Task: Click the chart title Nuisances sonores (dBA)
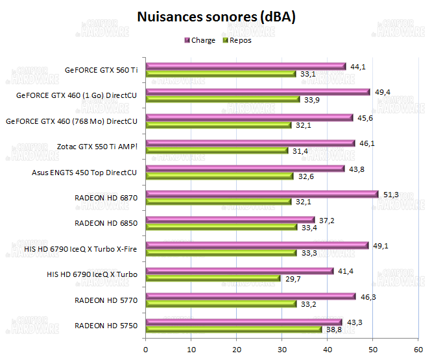click(216, 18)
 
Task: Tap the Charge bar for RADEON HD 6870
click(262, 193)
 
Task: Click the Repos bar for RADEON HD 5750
click(234, 330)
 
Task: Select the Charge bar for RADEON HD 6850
click(230, 220)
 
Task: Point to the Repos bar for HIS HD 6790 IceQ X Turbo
click(213, 278)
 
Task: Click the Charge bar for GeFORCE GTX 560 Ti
click(246, 66)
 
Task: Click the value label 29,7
click(291, 278)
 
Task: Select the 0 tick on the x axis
click(146, 348)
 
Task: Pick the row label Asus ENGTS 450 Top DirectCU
click(84, 173)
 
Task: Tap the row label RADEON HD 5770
click(106, 300)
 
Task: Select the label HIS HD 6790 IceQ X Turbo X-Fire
click(80, 249)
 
